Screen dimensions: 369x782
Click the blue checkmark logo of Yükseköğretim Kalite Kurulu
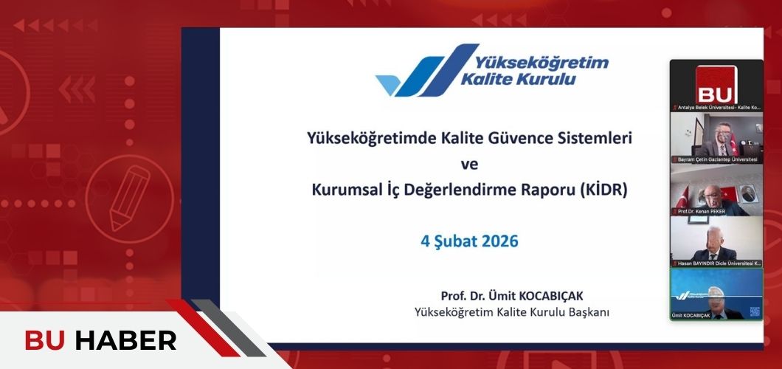coord(417,72)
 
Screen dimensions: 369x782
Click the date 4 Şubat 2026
coord(469,241)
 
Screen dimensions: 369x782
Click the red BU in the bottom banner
coord(46,341)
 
